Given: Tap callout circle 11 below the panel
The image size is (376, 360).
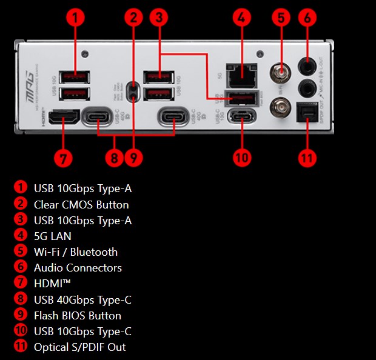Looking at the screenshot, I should tap(307, 158).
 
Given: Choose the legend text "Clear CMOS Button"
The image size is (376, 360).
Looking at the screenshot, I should tap(81, 204).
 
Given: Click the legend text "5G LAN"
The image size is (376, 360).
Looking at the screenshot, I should tap(53, 236).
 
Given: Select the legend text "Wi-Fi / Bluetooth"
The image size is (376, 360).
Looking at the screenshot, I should tap(76, 252).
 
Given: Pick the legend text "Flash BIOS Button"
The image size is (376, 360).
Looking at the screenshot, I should tap(78, 315).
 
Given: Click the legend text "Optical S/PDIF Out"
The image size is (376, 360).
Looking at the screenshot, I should tap(80, 347).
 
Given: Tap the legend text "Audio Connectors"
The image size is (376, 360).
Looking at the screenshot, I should tap(78, 267).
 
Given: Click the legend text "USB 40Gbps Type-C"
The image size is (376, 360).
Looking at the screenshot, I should tap(82, 299).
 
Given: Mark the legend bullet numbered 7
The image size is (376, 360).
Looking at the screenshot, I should tap(21, 283).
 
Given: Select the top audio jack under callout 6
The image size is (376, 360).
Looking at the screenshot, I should tap(307, 64).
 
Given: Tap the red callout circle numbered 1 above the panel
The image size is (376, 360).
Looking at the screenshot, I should tap(75, 18).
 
